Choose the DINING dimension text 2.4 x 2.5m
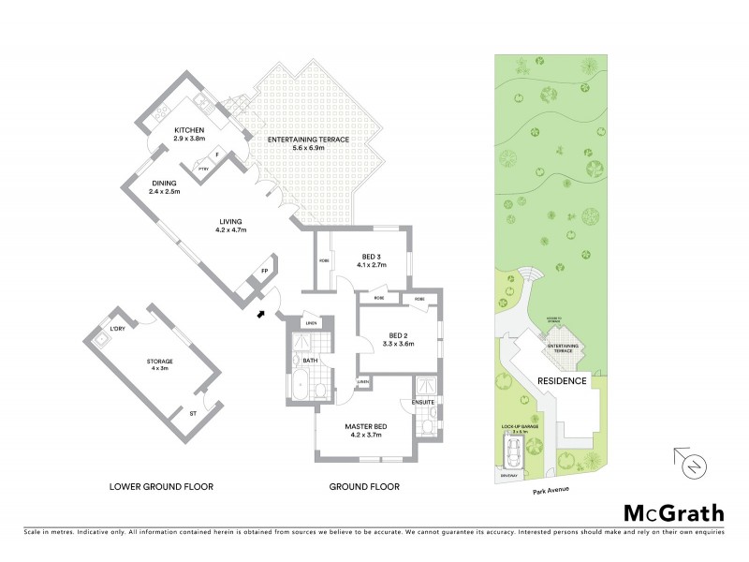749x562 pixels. click(164, 192)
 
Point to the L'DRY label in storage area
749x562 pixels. click(118, 329)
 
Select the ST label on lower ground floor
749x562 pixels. click(193, 413)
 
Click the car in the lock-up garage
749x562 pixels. click(512, 455)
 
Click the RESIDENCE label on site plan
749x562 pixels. click(562, 380)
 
